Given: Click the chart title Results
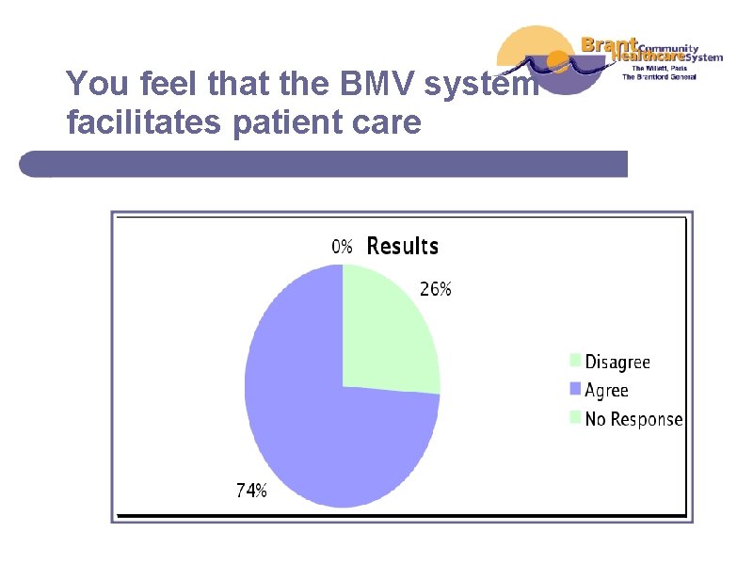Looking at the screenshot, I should click(x=402, y=247).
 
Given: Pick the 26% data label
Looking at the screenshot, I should click(x=435, y=290).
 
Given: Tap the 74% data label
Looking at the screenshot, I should click(x=250, y=490).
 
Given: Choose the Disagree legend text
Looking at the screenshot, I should click(x=617, y=362).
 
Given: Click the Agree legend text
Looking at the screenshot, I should click(x=606, y=390).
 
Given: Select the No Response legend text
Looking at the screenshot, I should click(x=633, y=419).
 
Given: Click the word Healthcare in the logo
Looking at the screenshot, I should click(x=644, y=56).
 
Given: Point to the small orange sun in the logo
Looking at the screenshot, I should click(x=558, y=63).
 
